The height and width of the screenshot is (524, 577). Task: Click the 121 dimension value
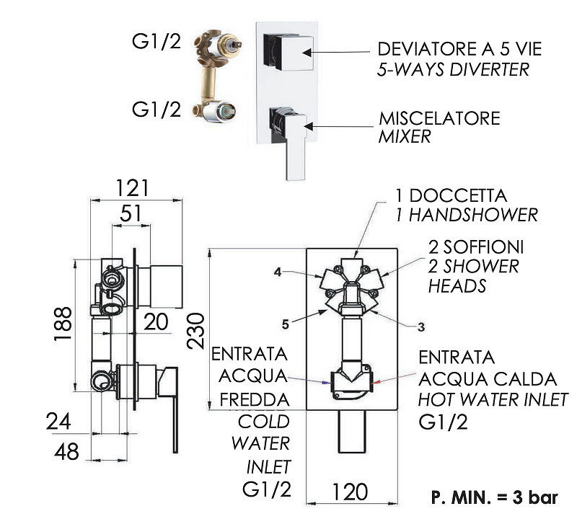pyautogui.click(x=133, y=188)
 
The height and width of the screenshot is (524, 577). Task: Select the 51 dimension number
pyautogui.click(x=131, y=213)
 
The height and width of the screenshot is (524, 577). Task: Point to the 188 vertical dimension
pyautogui.click(x=63, y=324)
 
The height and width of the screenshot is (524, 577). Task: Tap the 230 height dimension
pyautogui.click(x=195, y=331)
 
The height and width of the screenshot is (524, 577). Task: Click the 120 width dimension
pyautogui.click(x=350, y=492)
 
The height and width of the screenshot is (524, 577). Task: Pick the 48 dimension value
pyautogui.click(x=66, y=451)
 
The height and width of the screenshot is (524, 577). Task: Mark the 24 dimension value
pyautogui.click(x=58, y=422)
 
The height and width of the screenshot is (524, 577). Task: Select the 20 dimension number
pyautogui.click(x=156, y=321)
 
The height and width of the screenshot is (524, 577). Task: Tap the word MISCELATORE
pyautogui.click(x=440, y=118)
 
